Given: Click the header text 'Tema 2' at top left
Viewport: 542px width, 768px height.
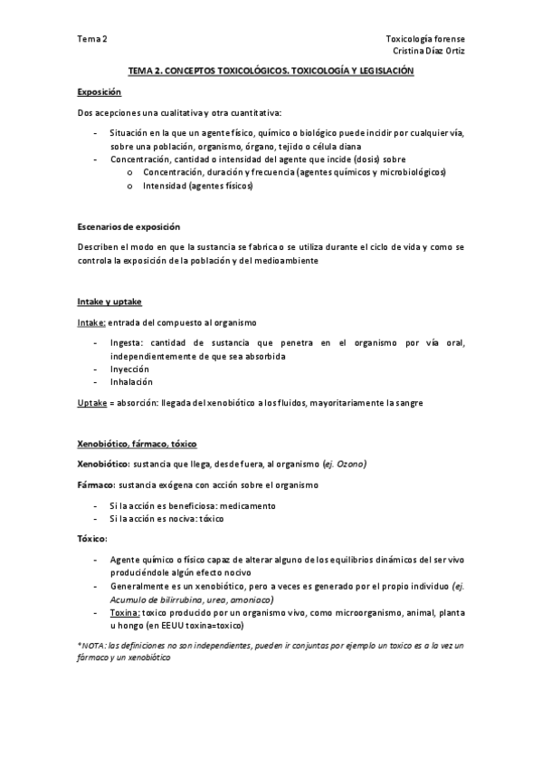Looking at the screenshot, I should click(91, 39).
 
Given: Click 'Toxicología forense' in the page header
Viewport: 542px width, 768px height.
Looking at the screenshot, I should click(425, 39).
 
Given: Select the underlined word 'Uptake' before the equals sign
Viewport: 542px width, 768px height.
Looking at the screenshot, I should click(93, 402).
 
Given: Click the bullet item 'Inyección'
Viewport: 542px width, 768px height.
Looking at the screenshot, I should click(128, 369).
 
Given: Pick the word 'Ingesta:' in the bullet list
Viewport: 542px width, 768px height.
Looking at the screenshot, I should click(127, 342).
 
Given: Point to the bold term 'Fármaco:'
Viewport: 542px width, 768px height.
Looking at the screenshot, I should click(96, 485).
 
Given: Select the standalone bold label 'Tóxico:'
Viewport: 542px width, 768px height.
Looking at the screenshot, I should click(92, 539).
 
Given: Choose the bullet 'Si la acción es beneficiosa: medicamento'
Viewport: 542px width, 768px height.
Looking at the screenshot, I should click(191, 504).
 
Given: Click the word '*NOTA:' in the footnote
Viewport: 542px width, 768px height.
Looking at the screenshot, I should click(91, 644).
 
